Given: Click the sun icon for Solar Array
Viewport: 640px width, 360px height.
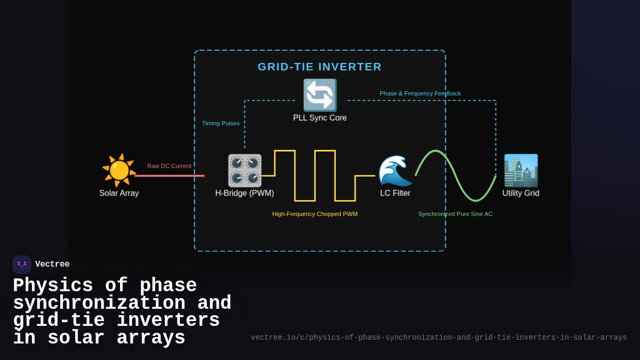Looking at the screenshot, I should (119, 170).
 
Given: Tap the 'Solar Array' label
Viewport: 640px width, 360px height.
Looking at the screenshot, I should (119, 193).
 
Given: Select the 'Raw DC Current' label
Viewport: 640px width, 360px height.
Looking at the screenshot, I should (169, 166).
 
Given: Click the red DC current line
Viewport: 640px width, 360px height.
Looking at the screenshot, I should (169, 175).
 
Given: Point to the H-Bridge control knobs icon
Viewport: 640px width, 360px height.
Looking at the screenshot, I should (245, 170).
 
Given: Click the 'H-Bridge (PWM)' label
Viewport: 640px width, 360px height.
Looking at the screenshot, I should (245, 193).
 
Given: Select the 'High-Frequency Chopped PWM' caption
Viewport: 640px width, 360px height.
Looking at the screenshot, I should (315, 214).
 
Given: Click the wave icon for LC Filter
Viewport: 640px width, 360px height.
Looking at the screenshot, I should (395, 170).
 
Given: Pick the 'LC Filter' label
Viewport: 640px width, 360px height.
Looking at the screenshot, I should (395, 193).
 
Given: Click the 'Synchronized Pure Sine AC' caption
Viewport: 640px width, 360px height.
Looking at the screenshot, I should (455, 214).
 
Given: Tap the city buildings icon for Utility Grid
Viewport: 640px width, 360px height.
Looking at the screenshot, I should (521, 170).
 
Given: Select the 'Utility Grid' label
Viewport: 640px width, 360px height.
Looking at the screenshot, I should (521, 193).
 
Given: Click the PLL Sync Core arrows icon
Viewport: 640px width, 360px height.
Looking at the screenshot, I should (320, 95).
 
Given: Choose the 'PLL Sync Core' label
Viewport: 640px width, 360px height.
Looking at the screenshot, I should (320, 118).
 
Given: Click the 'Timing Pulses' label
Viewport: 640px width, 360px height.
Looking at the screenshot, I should (221, 123).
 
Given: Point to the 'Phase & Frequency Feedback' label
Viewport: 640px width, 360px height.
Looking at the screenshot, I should (420, 93).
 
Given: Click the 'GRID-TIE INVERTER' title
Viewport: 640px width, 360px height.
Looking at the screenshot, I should (320, 67).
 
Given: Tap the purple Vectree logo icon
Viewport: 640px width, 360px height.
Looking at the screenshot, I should (22, 265).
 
